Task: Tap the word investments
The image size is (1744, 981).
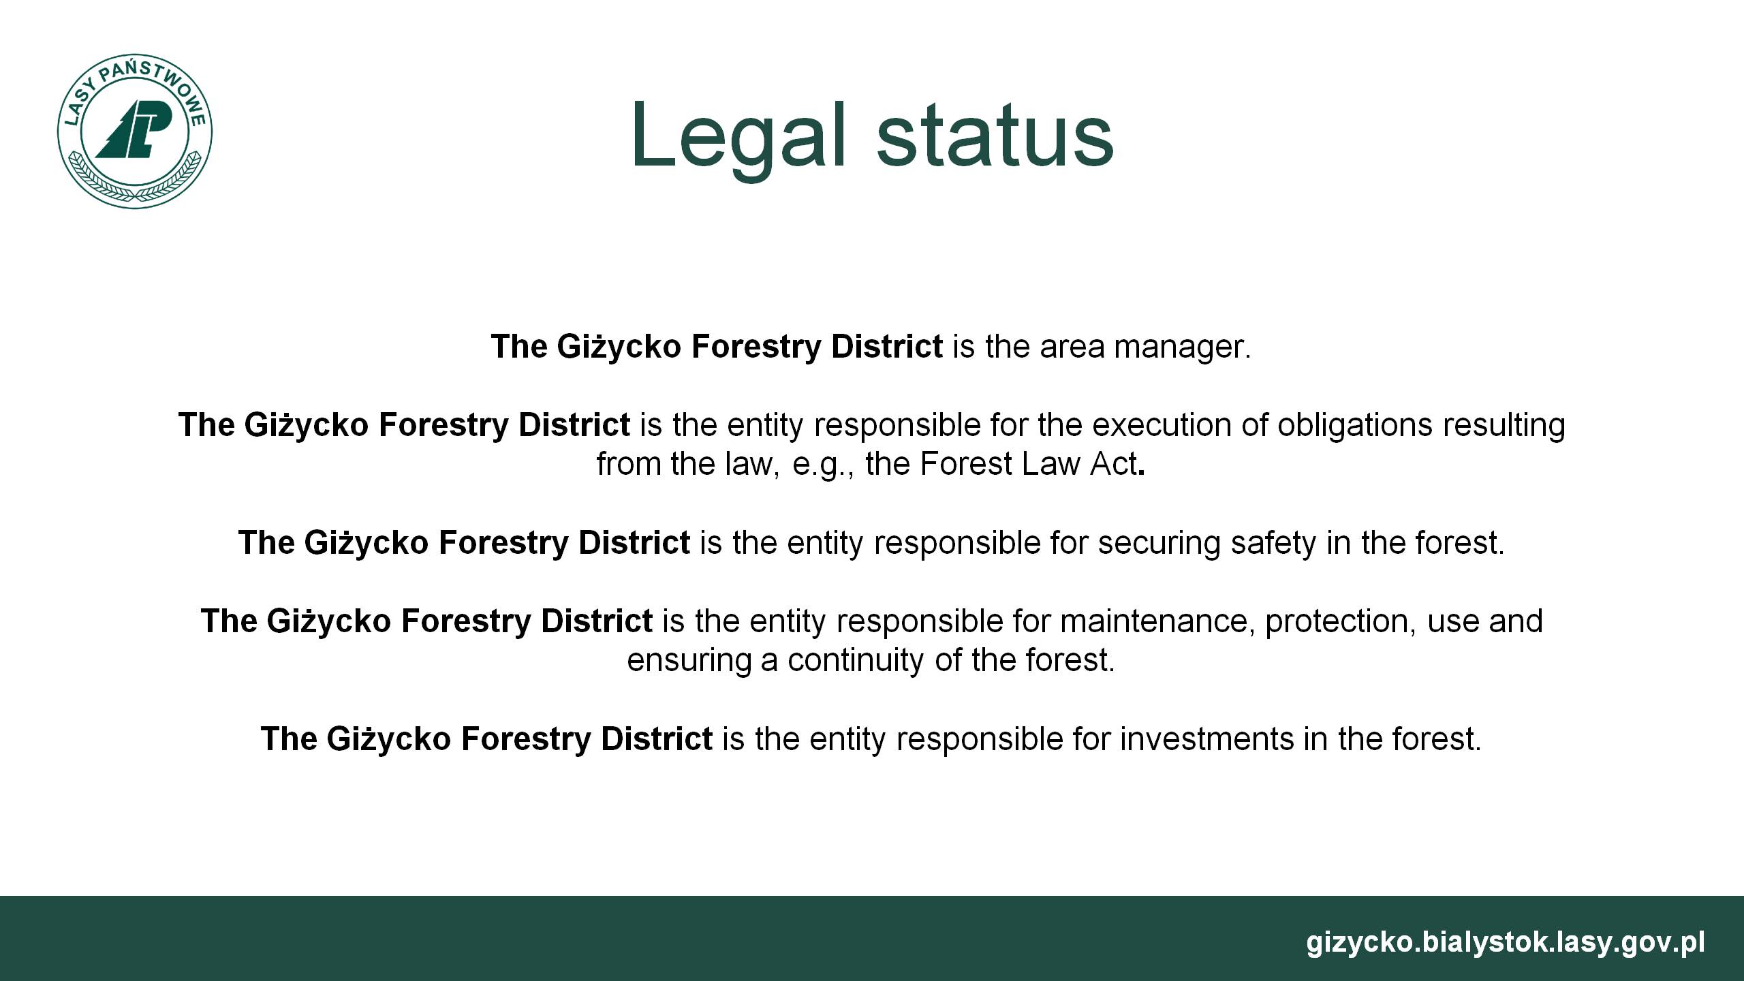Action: pos(1207,739)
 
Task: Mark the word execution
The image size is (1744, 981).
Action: pos(1157,425)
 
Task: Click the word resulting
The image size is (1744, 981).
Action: pos(1503,425)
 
